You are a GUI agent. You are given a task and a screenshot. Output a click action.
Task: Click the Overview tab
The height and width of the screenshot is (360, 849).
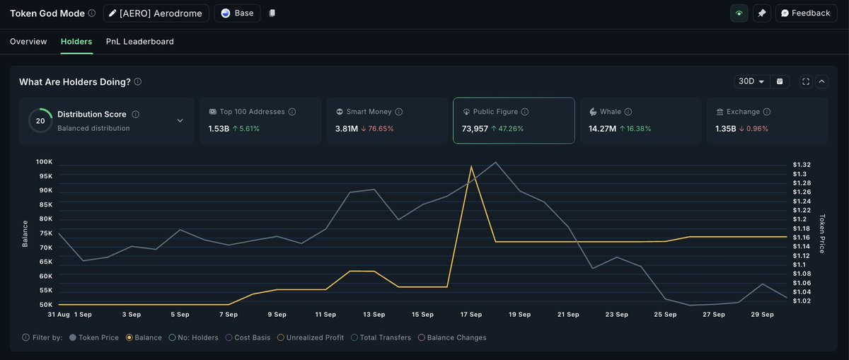pos(28,42)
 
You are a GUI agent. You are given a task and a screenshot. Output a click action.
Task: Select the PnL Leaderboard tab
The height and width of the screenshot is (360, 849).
pos(140,42)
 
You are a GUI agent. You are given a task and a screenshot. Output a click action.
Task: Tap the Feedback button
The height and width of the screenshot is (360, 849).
pos(806,13)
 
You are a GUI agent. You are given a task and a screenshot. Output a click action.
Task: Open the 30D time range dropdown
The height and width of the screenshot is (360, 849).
pos(751,81)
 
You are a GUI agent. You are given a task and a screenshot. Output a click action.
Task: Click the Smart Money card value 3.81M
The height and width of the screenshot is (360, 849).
pos(347,129)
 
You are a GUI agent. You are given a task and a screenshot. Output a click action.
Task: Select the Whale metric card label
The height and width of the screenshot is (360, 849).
pos(610,112)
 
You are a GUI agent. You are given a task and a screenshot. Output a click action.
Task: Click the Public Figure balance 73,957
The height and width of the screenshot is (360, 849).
pos(475,129)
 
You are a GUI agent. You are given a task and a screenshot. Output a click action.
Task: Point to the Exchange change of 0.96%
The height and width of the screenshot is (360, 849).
pos(757,129)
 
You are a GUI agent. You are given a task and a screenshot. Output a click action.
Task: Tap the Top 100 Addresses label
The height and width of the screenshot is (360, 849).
pos(252,112)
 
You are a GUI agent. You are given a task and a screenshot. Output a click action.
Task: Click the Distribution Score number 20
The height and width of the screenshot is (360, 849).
pos(40,121)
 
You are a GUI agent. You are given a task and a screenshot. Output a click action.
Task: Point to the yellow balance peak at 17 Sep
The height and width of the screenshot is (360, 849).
pos(471,166)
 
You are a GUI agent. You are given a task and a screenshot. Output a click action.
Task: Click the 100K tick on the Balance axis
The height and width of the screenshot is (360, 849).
pos(45,162)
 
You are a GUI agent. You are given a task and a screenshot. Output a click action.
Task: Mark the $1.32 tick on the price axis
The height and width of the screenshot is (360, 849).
pos(802,165)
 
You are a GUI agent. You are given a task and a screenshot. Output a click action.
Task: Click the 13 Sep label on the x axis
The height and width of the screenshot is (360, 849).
pos(374,315)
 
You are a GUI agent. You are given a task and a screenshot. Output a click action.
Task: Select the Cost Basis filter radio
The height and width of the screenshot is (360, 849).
pos(229,337)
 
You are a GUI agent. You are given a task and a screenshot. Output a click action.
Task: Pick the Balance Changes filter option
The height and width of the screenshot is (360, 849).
pos(452,337)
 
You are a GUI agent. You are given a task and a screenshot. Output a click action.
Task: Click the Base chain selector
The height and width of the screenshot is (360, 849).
pos(237,13)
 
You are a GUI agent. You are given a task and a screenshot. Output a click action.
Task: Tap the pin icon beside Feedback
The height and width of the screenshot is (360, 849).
pos(761,13)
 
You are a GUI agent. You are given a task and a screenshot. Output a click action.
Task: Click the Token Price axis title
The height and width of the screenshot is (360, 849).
pos(822,233)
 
